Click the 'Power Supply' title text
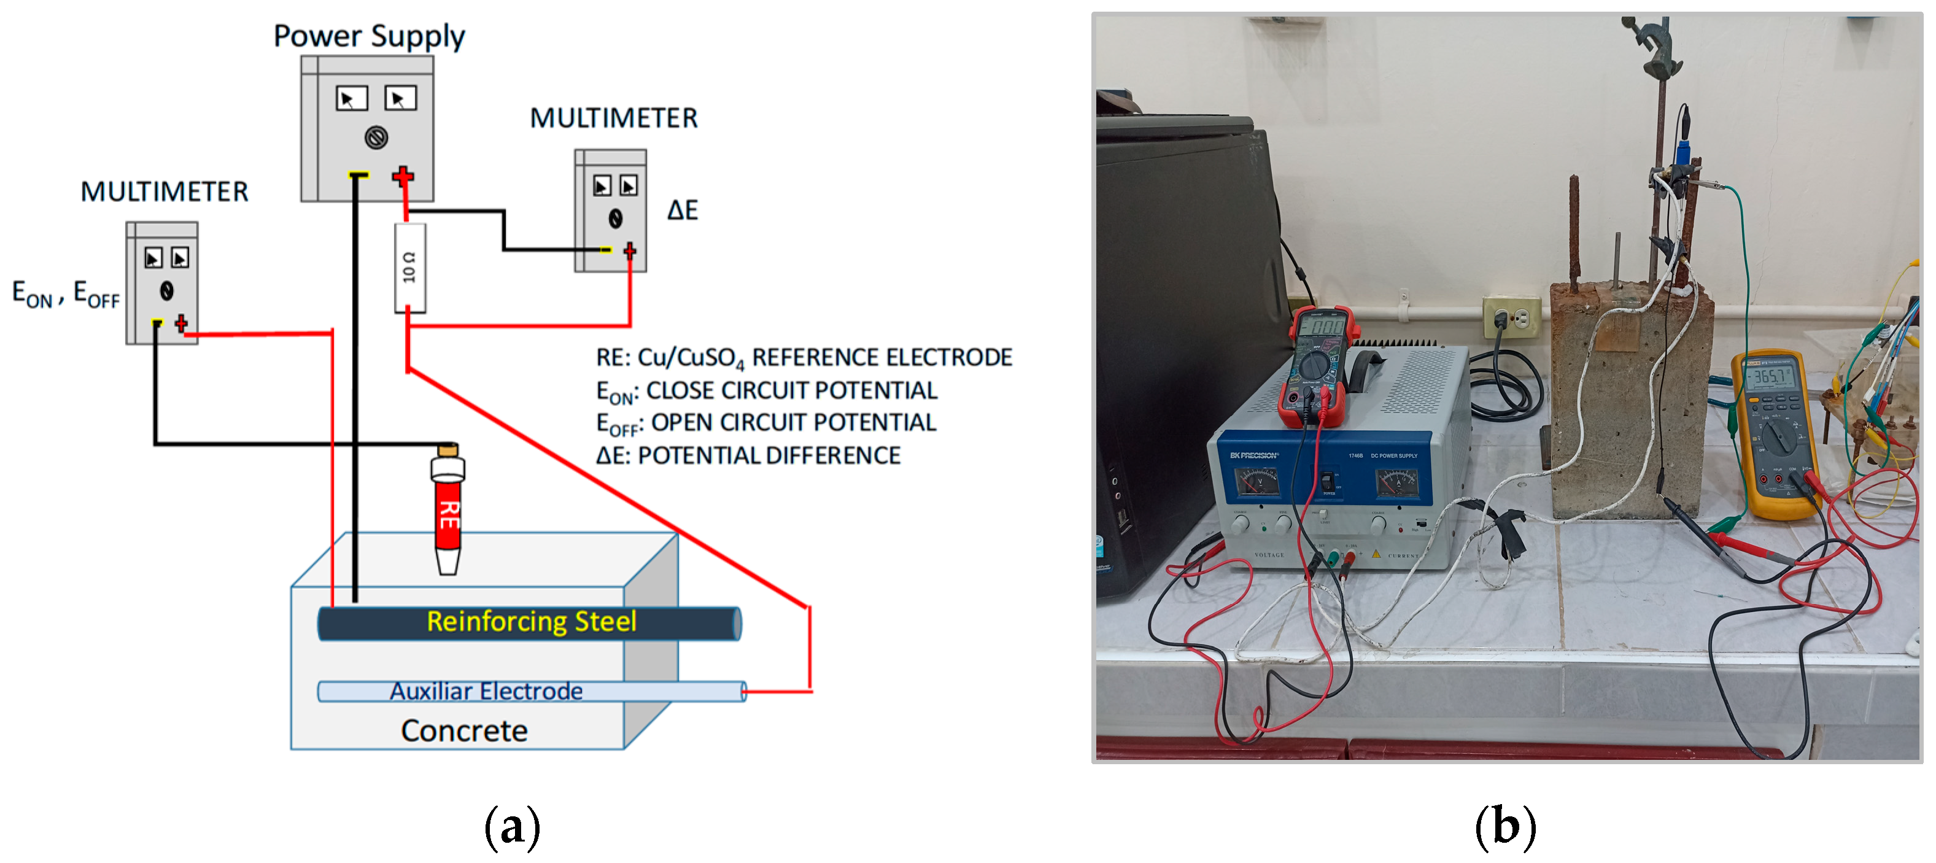(x=369, y=36)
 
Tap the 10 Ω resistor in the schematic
(x=409, y=268)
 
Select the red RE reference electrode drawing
(x=448, y=511)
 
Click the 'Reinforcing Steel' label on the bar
(x=532, y=622)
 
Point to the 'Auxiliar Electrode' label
(x=486, y=691)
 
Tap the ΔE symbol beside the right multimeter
(x=683, y=210)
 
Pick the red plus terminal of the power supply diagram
(x=403, y=177)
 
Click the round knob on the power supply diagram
(x=376, y=137)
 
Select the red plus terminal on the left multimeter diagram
(x=181, y=324)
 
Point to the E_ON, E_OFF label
(x=66, y=293)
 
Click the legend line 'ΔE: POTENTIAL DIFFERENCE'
(x=748, y=455)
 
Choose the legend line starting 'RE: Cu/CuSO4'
(x=803, y=358)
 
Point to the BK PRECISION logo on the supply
(x=1253, y=455)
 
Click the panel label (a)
(x=512, y=827)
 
